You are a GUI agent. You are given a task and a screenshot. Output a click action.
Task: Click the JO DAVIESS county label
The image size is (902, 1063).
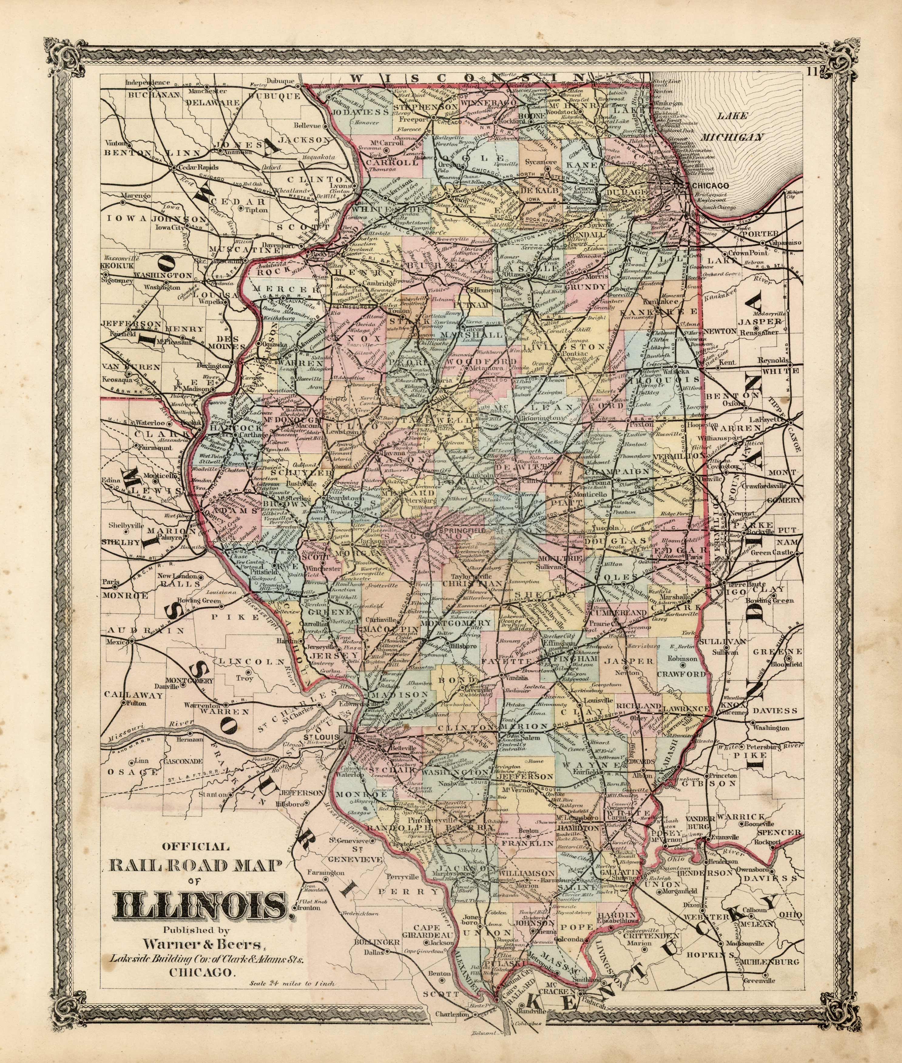click(x=360, y=111)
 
